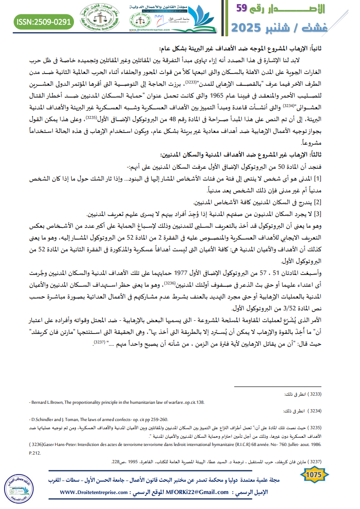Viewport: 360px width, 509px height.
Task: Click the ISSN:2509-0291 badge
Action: pyautogui.click(x=44, y=21)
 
